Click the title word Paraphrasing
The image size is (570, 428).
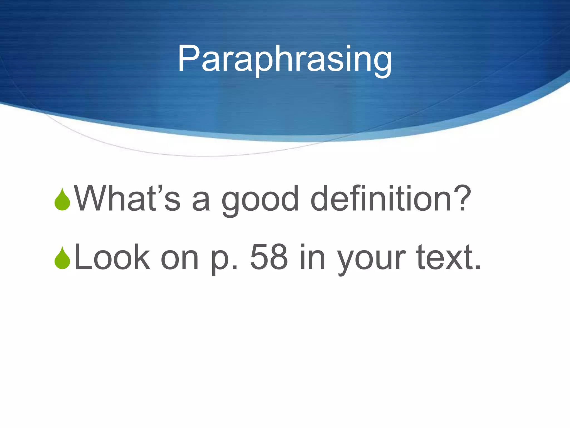[285, 59]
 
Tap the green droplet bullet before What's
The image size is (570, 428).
[62, 200]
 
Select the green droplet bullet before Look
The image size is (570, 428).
[62, 258]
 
